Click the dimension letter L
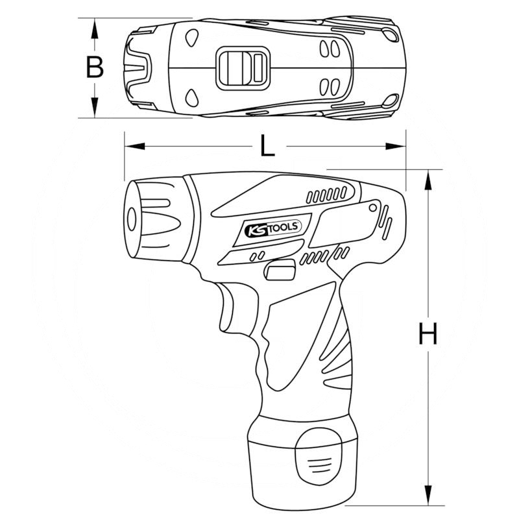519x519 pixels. [267, 146]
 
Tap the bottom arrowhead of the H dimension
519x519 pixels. [428, 496]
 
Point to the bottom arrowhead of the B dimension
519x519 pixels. [95, 108]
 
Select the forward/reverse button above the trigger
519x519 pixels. [280, 272]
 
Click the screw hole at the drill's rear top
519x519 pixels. [372, 206]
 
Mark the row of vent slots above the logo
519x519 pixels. [327, 194]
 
